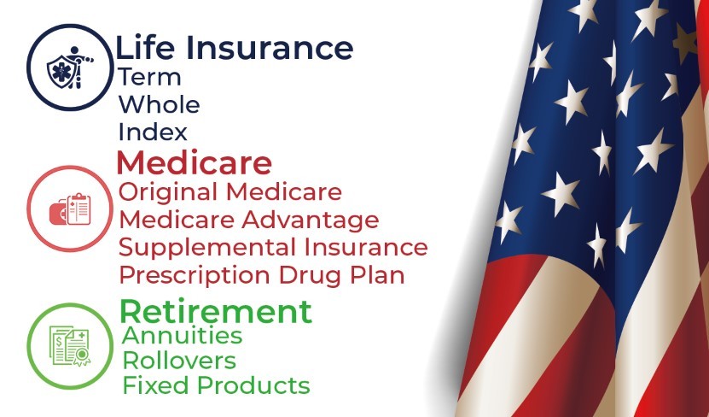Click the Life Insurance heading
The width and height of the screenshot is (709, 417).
click(235, 48)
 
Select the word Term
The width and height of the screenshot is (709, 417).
click(149, 77)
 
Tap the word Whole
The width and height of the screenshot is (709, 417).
click(160, 104)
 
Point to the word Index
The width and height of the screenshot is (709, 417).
click(153, 132)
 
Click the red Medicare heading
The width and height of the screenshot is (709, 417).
click(195, 162)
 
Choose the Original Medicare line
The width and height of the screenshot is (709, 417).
click(230, 192)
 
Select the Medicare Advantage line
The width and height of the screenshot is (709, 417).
click(248, 220)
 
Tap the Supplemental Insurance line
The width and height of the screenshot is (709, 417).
click(273, 248)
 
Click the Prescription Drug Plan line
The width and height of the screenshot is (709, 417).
click(261, 276)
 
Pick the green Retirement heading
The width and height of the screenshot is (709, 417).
click(216, 312)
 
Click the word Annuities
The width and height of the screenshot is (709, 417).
click(183, 336)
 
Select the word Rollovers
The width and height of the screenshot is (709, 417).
click(179, 361)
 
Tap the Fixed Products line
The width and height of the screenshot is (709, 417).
click(216, 385)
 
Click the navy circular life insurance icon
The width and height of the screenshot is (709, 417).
click(27, 68)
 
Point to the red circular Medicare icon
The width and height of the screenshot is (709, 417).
click(27, 208)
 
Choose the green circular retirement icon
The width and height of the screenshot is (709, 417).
click(27, 346)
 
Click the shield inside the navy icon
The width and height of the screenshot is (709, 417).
click(60, 72)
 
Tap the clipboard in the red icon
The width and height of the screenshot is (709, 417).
click(78, 208)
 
